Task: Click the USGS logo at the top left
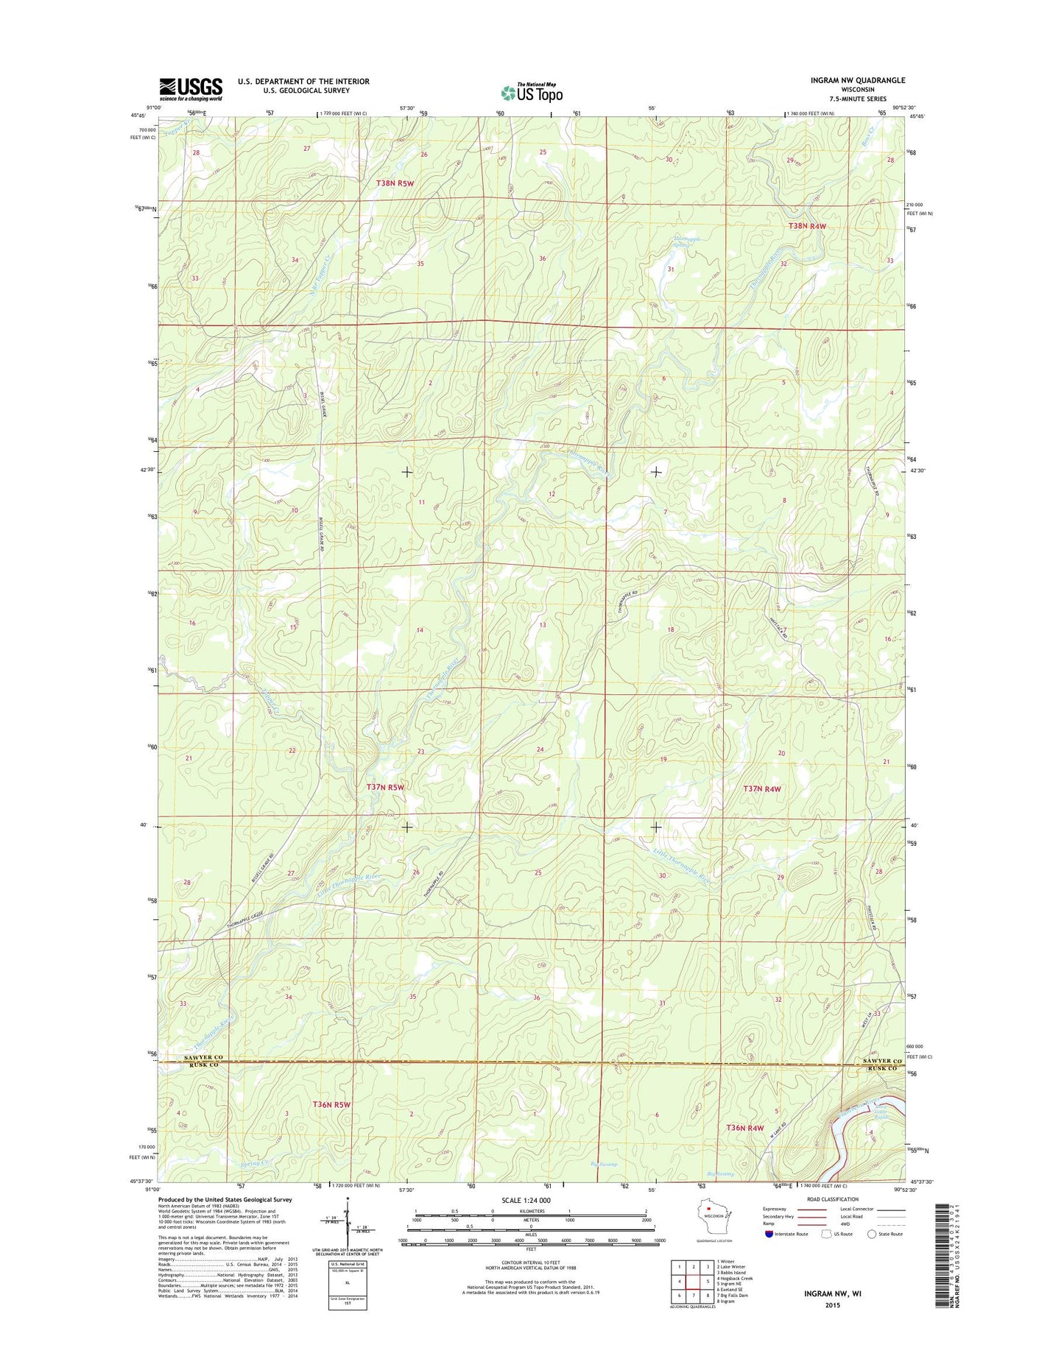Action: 191,89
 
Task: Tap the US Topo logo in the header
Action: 532,93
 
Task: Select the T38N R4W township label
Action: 808,226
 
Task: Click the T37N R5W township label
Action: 385,787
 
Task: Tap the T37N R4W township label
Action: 761,788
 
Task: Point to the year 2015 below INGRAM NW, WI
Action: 831,1304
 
